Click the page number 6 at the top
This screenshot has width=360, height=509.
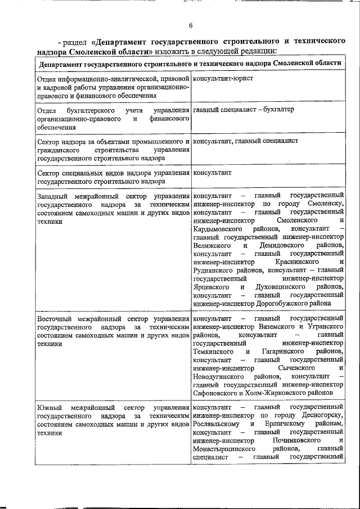190,25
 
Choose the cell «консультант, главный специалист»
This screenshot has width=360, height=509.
245,141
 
